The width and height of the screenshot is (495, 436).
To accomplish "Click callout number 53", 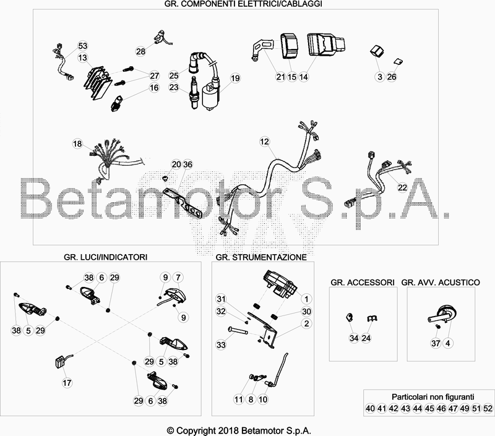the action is (x=82, y=46).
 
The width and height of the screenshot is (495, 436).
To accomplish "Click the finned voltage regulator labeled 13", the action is (x=98, y=83).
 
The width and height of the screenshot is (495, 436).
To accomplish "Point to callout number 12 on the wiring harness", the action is (x=265, y=142).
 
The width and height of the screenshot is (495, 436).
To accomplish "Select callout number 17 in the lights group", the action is (x=67, y=383).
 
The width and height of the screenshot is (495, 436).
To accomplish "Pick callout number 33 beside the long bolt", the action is (x=221, y=344).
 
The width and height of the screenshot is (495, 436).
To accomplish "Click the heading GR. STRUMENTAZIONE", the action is (x=261, y=257).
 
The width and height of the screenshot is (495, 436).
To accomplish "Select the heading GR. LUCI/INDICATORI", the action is (x=105, y=257).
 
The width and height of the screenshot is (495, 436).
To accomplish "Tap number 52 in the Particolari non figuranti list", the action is (x=488, y=408).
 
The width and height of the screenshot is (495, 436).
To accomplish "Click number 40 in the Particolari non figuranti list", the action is (x=370, y=408).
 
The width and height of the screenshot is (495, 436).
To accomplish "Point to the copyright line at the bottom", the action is (x=239, y=430).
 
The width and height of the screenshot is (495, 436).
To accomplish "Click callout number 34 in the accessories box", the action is (x=354, y=338).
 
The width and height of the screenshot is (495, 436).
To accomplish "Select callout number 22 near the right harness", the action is (x=403, y=187).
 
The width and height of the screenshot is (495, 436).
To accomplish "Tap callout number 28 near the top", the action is (x=141, y=51).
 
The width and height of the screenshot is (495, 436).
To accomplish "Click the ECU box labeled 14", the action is (x=326, y=45).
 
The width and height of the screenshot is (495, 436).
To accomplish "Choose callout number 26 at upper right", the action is (x=392, y=77).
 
